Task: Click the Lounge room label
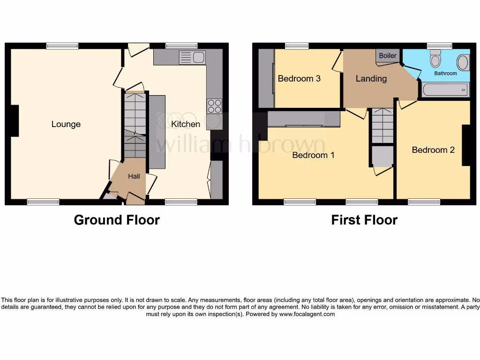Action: tap(66, 124)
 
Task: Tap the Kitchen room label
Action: tap(186, 124)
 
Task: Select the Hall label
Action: tap(134, 177)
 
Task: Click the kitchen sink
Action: tap(192, 58)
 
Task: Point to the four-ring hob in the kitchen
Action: tap(214, 106)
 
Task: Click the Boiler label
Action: tap(388, 56)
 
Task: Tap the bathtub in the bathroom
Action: tap(445, 89)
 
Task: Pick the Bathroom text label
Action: tap(445, 74)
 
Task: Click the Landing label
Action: tap(371, 79)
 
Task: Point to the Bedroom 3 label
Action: tap(299, 79)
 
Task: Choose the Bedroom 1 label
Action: tap(313, 155)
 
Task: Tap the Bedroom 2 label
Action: tap(433, 150)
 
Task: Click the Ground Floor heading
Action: tap(117, 220)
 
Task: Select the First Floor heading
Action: tap(364, 220)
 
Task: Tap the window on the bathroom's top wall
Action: tap(440, 45)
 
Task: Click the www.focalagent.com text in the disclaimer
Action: tap(307, 314)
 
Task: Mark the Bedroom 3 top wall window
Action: tap(297, 45)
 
